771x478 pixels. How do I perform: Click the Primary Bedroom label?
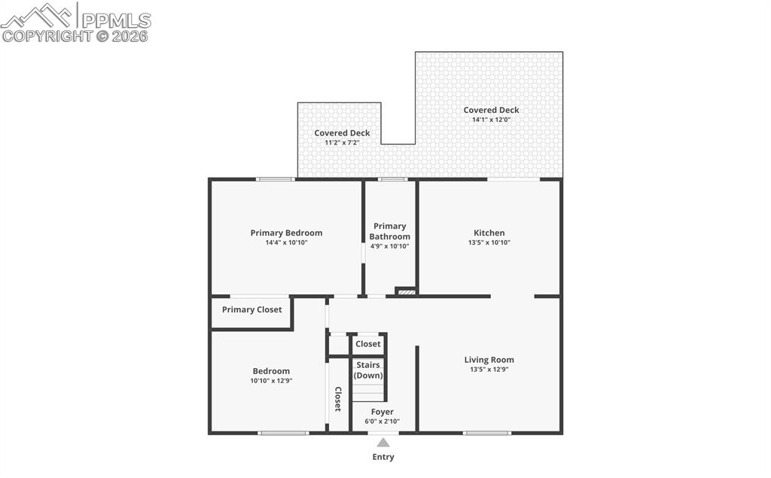tap(286, 233)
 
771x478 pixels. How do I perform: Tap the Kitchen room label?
tap(489, 233)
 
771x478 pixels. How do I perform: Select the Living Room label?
tap(489, 360)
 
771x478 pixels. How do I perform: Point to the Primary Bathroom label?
tap(390, 231)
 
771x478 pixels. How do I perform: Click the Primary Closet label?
tap(251, 309)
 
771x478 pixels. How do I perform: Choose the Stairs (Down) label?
tap(368, 370)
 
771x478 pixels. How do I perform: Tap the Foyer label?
tap(382, 412)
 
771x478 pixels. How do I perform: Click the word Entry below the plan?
tap(383, 457)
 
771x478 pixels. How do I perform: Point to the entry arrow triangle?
tap(383, 443)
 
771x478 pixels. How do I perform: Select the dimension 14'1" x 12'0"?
tap(491, 120)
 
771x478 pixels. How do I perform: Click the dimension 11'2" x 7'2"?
tap(342, 142)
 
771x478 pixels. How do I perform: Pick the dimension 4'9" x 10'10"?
tap(389, 246)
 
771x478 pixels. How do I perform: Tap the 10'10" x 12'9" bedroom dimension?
tap(271, 381)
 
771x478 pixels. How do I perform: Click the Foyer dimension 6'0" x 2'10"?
tap(382, 422)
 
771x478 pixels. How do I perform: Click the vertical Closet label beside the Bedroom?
tap(338, 399)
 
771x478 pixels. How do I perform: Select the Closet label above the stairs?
tap(368, 344)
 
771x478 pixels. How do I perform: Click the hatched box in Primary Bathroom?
tap(406, 291)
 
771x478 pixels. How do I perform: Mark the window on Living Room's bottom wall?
tap(487, 433)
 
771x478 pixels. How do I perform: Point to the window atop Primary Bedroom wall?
tap(275, 179)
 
